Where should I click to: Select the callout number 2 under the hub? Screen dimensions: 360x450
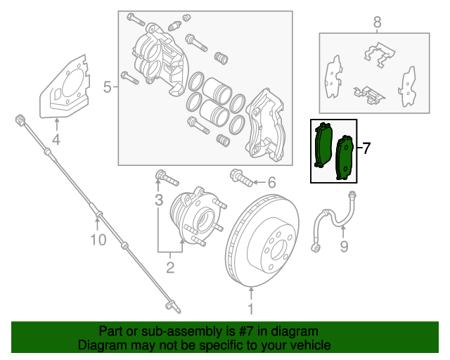(170, 266)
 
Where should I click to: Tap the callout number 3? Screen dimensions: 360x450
(160, 200)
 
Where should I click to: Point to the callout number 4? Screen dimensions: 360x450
(56, 139)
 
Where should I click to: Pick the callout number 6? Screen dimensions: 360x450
(271, 183)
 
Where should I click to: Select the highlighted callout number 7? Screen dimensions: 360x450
(365, 148)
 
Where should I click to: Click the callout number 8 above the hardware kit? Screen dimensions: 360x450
(377, 22)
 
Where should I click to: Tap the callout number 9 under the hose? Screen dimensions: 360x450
(344, 245)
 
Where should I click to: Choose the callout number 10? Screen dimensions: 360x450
(98, 240)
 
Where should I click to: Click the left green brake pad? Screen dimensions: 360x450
(323, 145)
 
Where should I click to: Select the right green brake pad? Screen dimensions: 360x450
(345, 157)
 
